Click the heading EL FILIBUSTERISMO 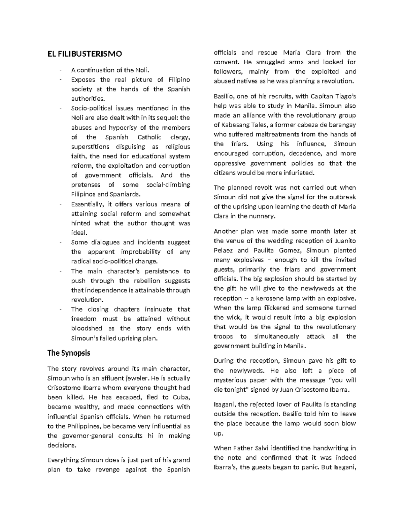[85, 54]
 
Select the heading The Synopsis [69, 353]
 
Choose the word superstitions [90, 147]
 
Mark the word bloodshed [86, 328]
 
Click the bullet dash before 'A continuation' [60, 70]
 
